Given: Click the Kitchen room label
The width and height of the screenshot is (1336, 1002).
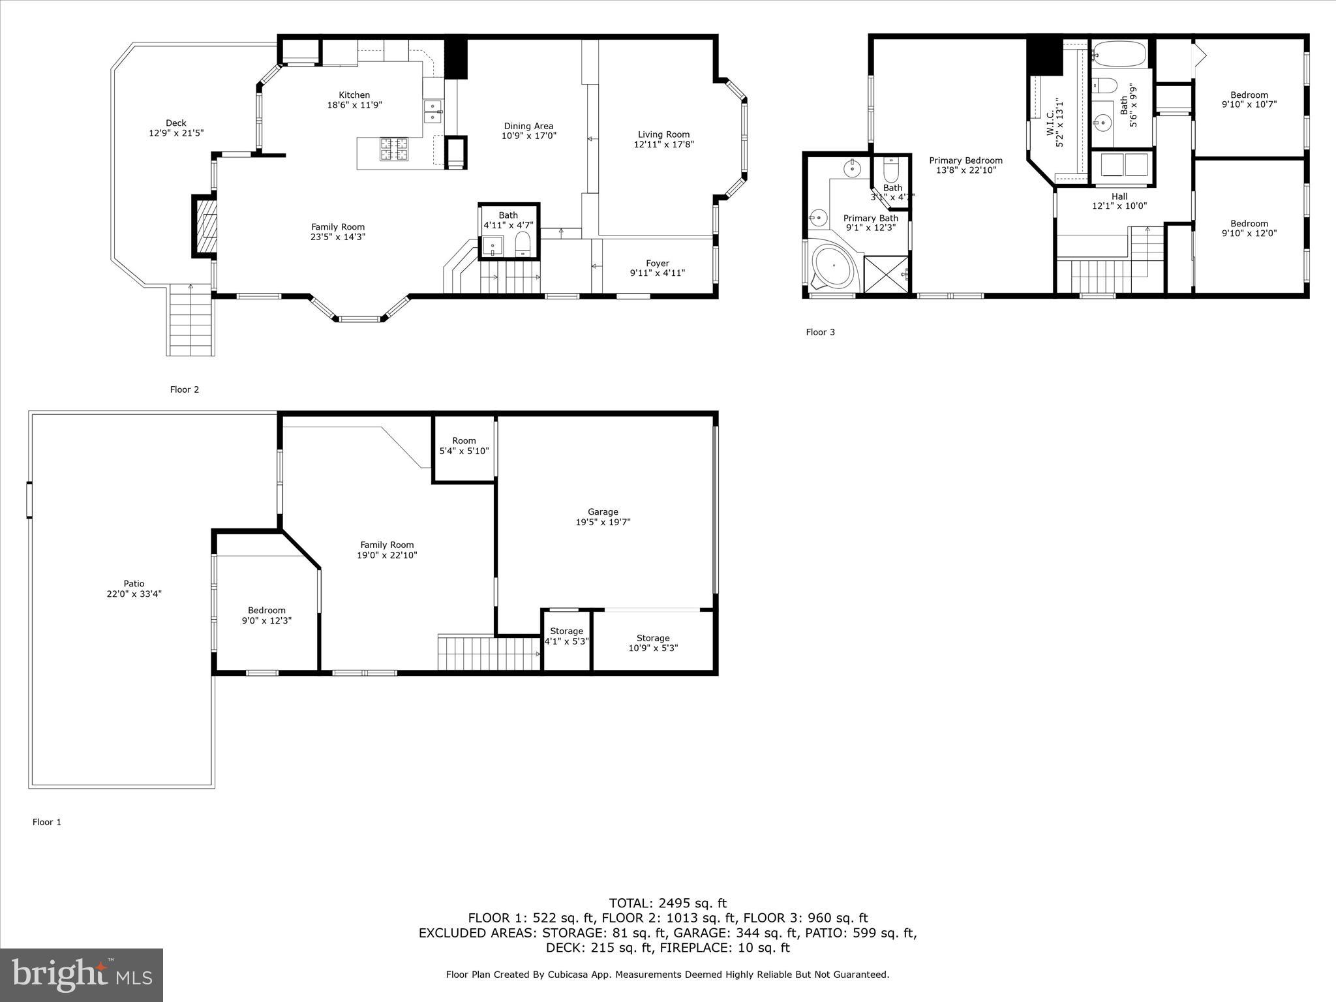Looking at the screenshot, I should click(354, 95).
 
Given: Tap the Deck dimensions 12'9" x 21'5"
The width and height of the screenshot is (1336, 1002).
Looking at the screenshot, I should click(176, 133).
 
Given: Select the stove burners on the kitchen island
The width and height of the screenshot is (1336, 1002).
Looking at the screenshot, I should click(394, 149).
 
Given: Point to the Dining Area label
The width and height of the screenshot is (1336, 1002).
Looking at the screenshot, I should click(528, 126).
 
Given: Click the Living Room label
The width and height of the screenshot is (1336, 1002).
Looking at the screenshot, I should click(663, 134).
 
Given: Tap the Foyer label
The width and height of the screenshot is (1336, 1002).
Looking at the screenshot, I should click(657, 264).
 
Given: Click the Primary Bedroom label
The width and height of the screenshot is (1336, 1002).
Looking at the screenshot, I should click(965, 160).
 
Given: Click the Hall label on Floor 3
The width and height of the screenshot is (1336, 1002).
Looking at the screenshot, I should click(1119, 196).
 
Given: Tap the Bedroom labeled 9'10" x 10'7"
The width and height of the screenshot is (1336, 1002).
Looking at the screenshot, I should click(1249, 99).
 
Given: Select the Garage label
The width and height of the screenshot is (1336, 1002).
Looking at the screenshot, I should click(602, 512).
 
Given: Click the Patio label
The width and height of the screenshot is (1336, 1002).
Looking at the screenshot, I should click(134, 584).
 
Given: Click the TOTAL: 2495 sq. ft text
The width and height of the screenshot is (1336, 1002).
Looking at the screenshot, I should click(667, 903).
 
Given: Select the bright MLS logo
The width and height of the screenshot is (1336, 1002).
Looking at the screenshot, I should click(82, 975).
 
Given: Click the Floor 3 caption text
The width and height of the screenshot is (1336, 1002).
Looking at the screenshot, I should click(820, 332).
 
